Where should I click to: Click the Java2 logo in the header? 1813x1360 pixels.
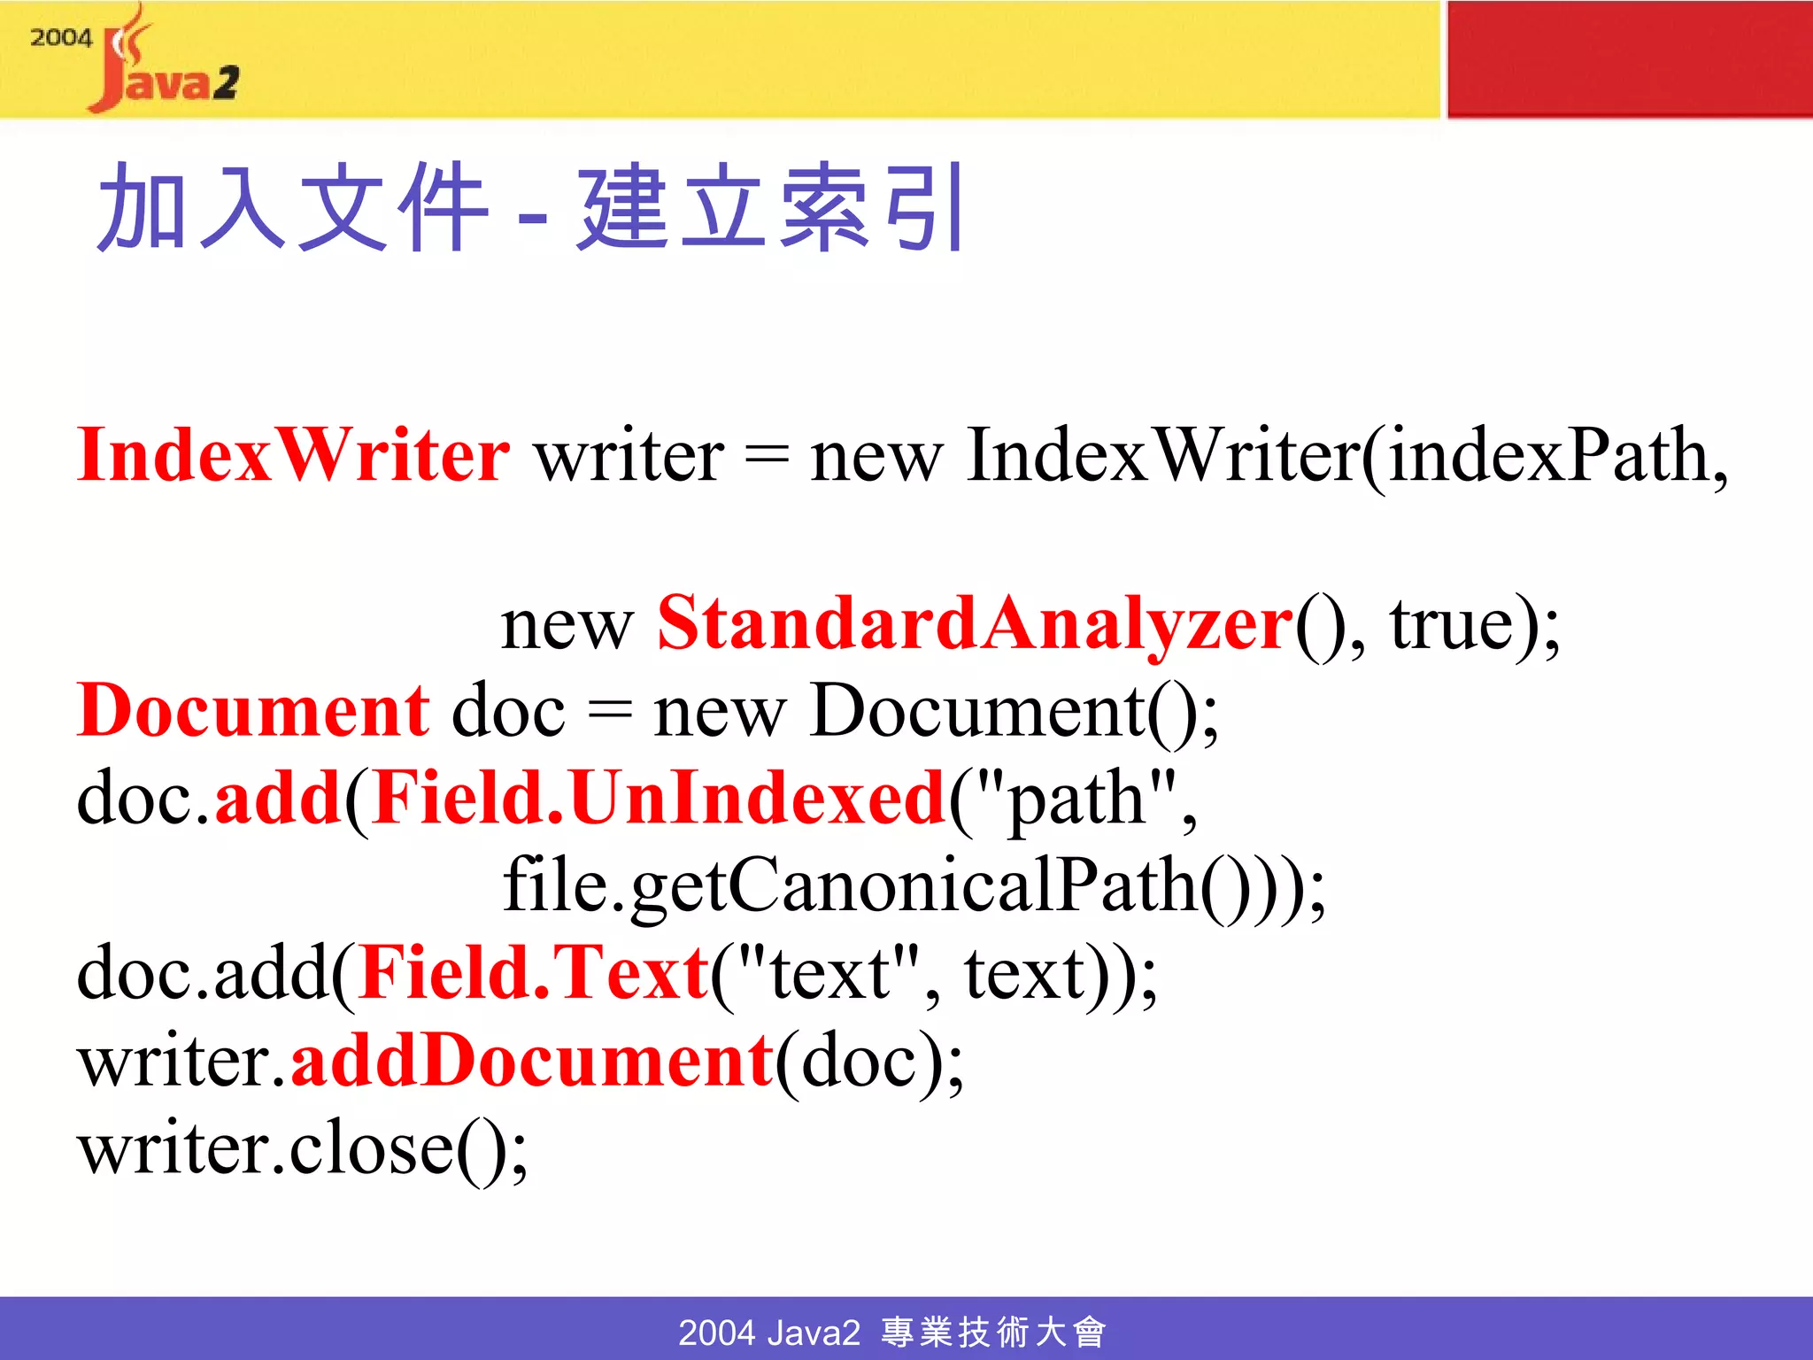[x=164, y=66]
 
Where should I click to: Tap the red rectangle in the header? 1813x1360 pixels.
[x=1629, y=58]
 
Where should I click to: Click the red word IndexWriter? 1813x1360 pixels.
[x=293, y=455]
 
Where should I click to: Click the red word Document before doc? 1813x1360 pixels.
[x=253, y=711]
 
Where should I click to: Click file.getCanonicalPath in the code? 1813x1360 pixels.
[x=850, y=885]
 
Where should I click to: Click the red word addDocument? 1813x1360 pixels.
[x=532, y=1061]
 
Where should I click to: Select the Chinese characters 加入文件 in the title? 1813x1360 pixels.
[x=292, y=209]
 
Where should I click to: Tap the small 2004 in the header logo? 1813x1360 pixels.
[x=61, y=38]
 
